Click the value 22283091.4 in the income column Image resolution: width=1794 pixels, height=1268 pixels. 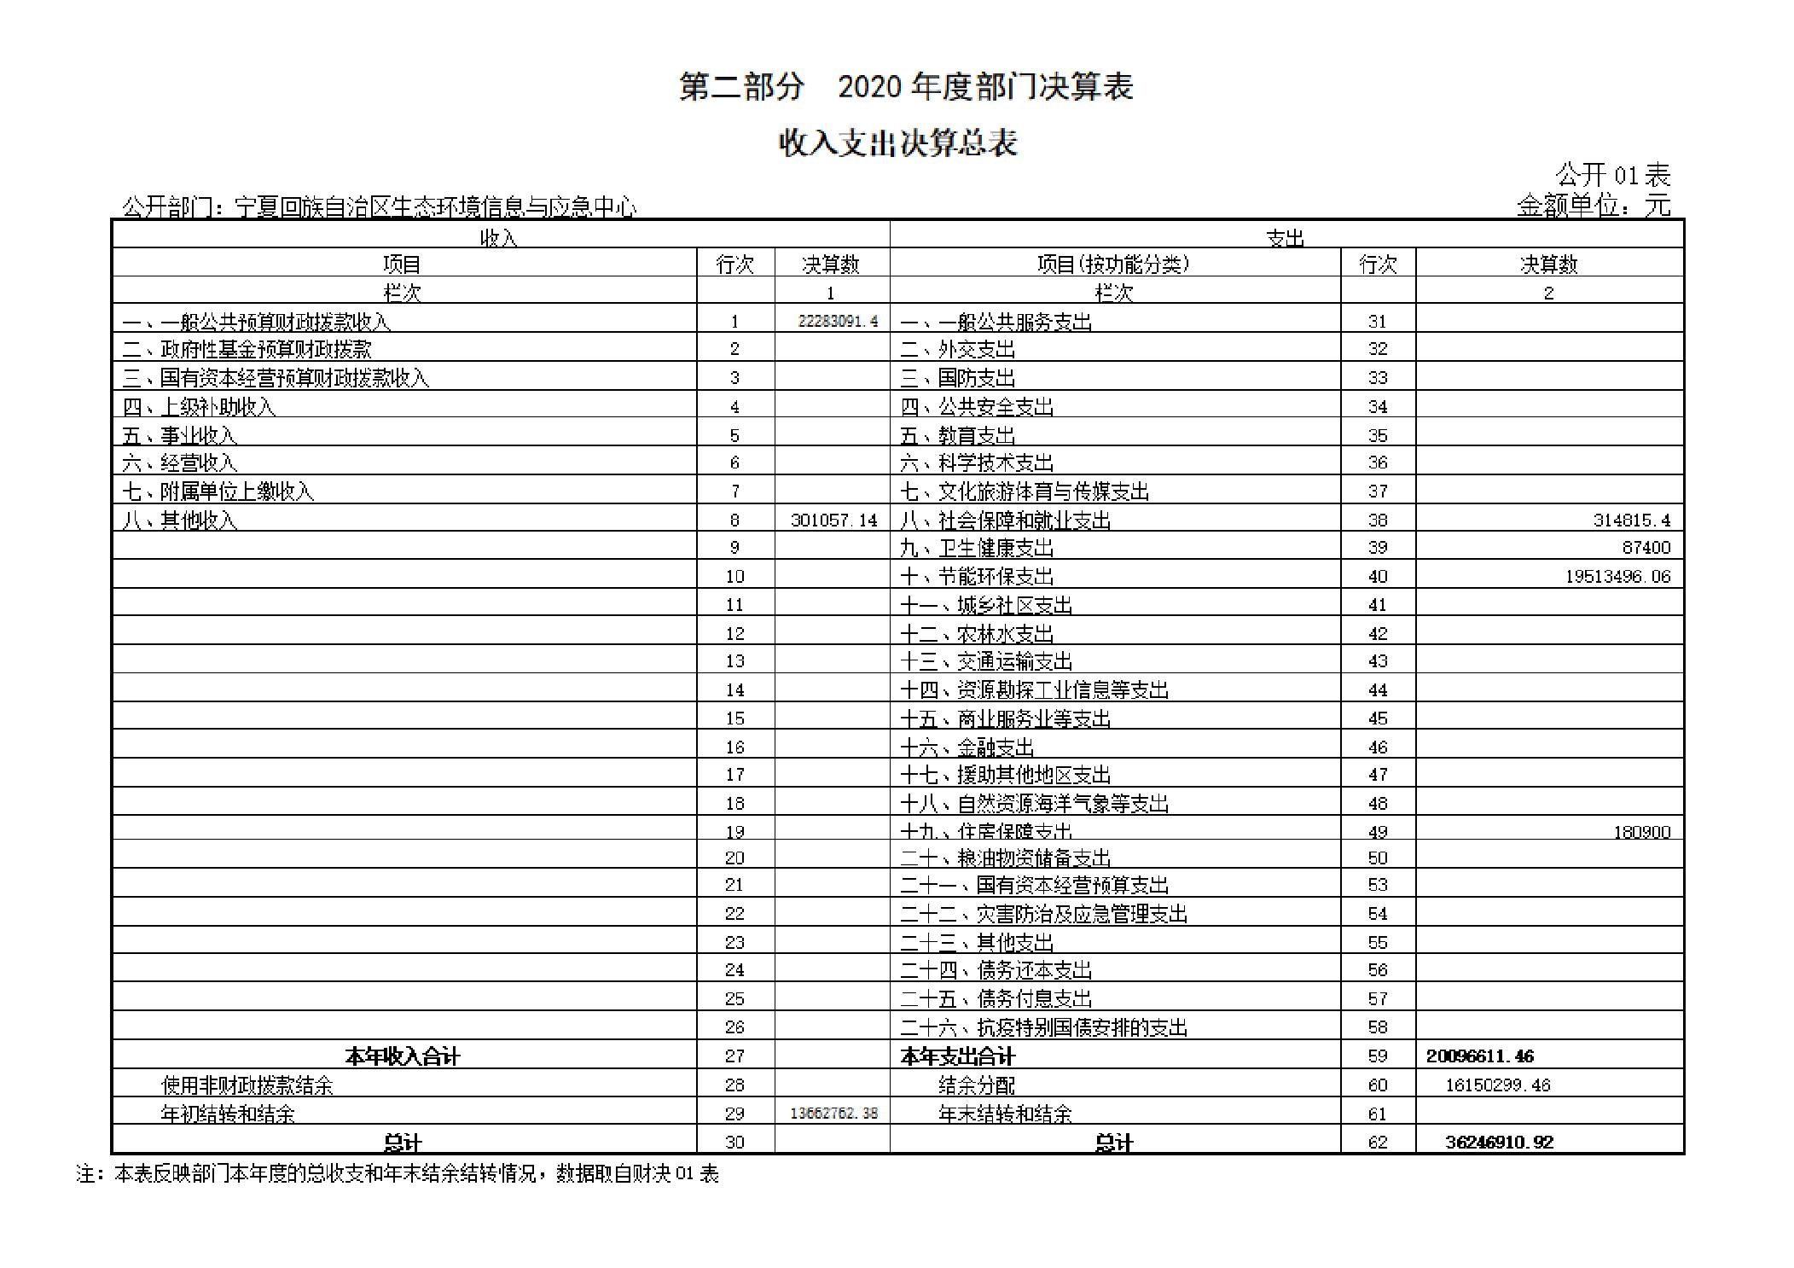click(837, 322)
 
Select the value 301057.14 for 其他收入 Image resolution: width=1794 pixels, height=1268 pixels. click(833, 520)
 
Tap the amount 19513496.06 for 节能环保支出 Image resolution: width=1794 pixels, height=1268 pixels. click(1617, 576)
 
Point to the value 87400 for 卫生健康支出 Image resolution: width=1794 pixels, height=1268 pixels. click(1646, 547)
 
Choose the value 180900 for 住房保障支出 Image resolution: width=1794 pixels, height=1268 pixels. click(1640, 832)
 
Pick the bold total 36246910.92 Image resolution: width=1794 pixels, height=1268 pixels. click(1499, 1142)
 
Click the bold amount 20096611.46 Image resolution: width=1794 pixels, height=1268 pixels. click(1479, 1056)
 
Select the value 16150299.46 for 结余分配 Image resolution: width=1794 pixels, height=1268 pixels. click(1497, 1085)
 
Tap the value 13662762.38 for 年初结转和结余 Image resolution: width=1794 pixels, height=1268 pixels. click(833, 1114)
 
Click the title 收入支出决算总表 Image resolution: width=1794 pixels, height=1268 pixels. click(897, 143)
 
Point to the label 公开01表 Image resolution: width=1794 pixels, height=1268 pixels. click(1611, 176)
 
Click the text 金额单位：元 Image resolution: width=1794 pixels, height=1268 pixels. click(1593, 206)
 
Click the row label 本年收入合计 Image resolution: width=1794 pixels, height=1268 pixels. click(402, 1056)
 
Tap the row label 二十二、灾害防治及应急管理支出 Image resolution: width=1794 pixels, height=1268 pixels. click(1043, 914)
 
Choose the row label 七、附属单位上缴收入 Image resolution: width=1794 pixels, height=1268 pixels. click(218, 491)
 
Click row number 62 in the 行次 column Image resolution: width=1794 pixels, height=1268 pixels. click(1377, 1142)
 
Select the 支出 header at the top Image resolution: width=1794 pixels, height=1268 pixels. click(1285, 237)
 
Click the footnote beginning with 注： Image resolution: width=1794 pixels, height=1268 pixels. click(398, 1174)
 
